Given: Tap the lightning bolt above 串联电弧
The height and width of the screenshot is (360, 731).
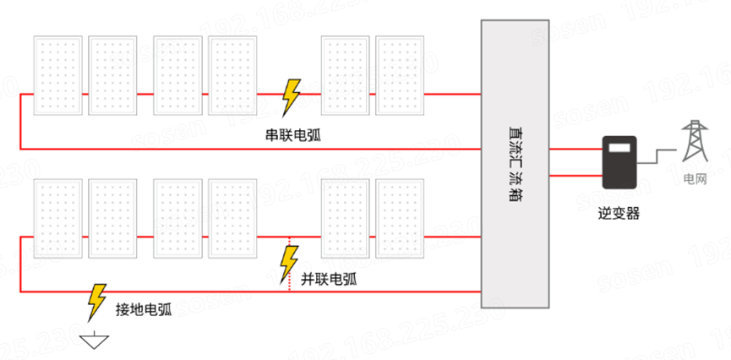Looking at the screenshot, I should (x=291, y=96).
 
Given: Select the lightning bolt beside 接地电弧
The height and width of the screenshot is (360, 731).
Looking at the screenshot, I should (x=95, y=302).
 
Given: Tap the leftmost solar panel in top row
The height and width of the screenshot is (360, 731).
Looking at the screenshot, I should (x=57, y=76).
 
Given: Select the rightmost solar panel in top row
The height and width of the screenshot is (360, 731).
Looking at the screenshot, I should (x=399, y=76).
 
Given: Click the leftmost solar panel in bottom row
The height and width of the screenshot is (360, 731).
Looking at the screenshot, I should (x=57, y=219).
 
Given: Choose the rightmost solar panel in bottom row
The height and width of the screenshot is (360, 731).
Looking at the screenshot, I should (x=399, y=219).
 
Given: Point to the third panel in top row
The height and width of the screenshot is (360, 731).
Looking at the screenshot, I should (x=177, y=76).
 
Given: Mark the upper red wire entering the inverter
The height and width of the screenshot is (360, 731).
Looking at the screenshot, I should (x=575, y=150).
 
